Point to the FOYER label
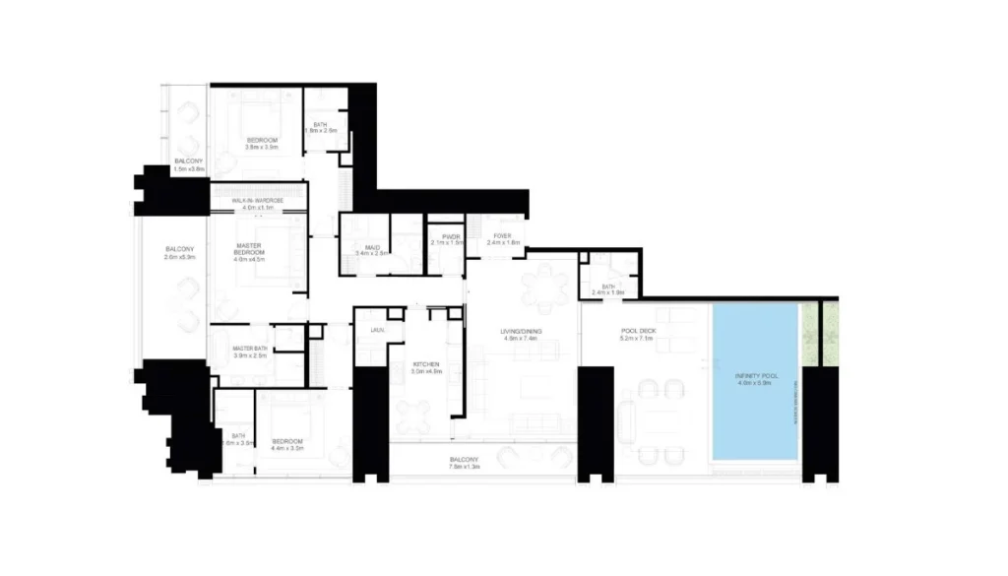click(x=502, y=237)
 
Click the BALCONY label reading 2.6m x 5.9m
click(x=179, y=252)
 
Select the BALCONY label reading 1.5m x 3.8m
click(x=188, y=164)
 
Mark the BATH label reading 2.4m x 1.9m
click(x=608, y=289)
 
